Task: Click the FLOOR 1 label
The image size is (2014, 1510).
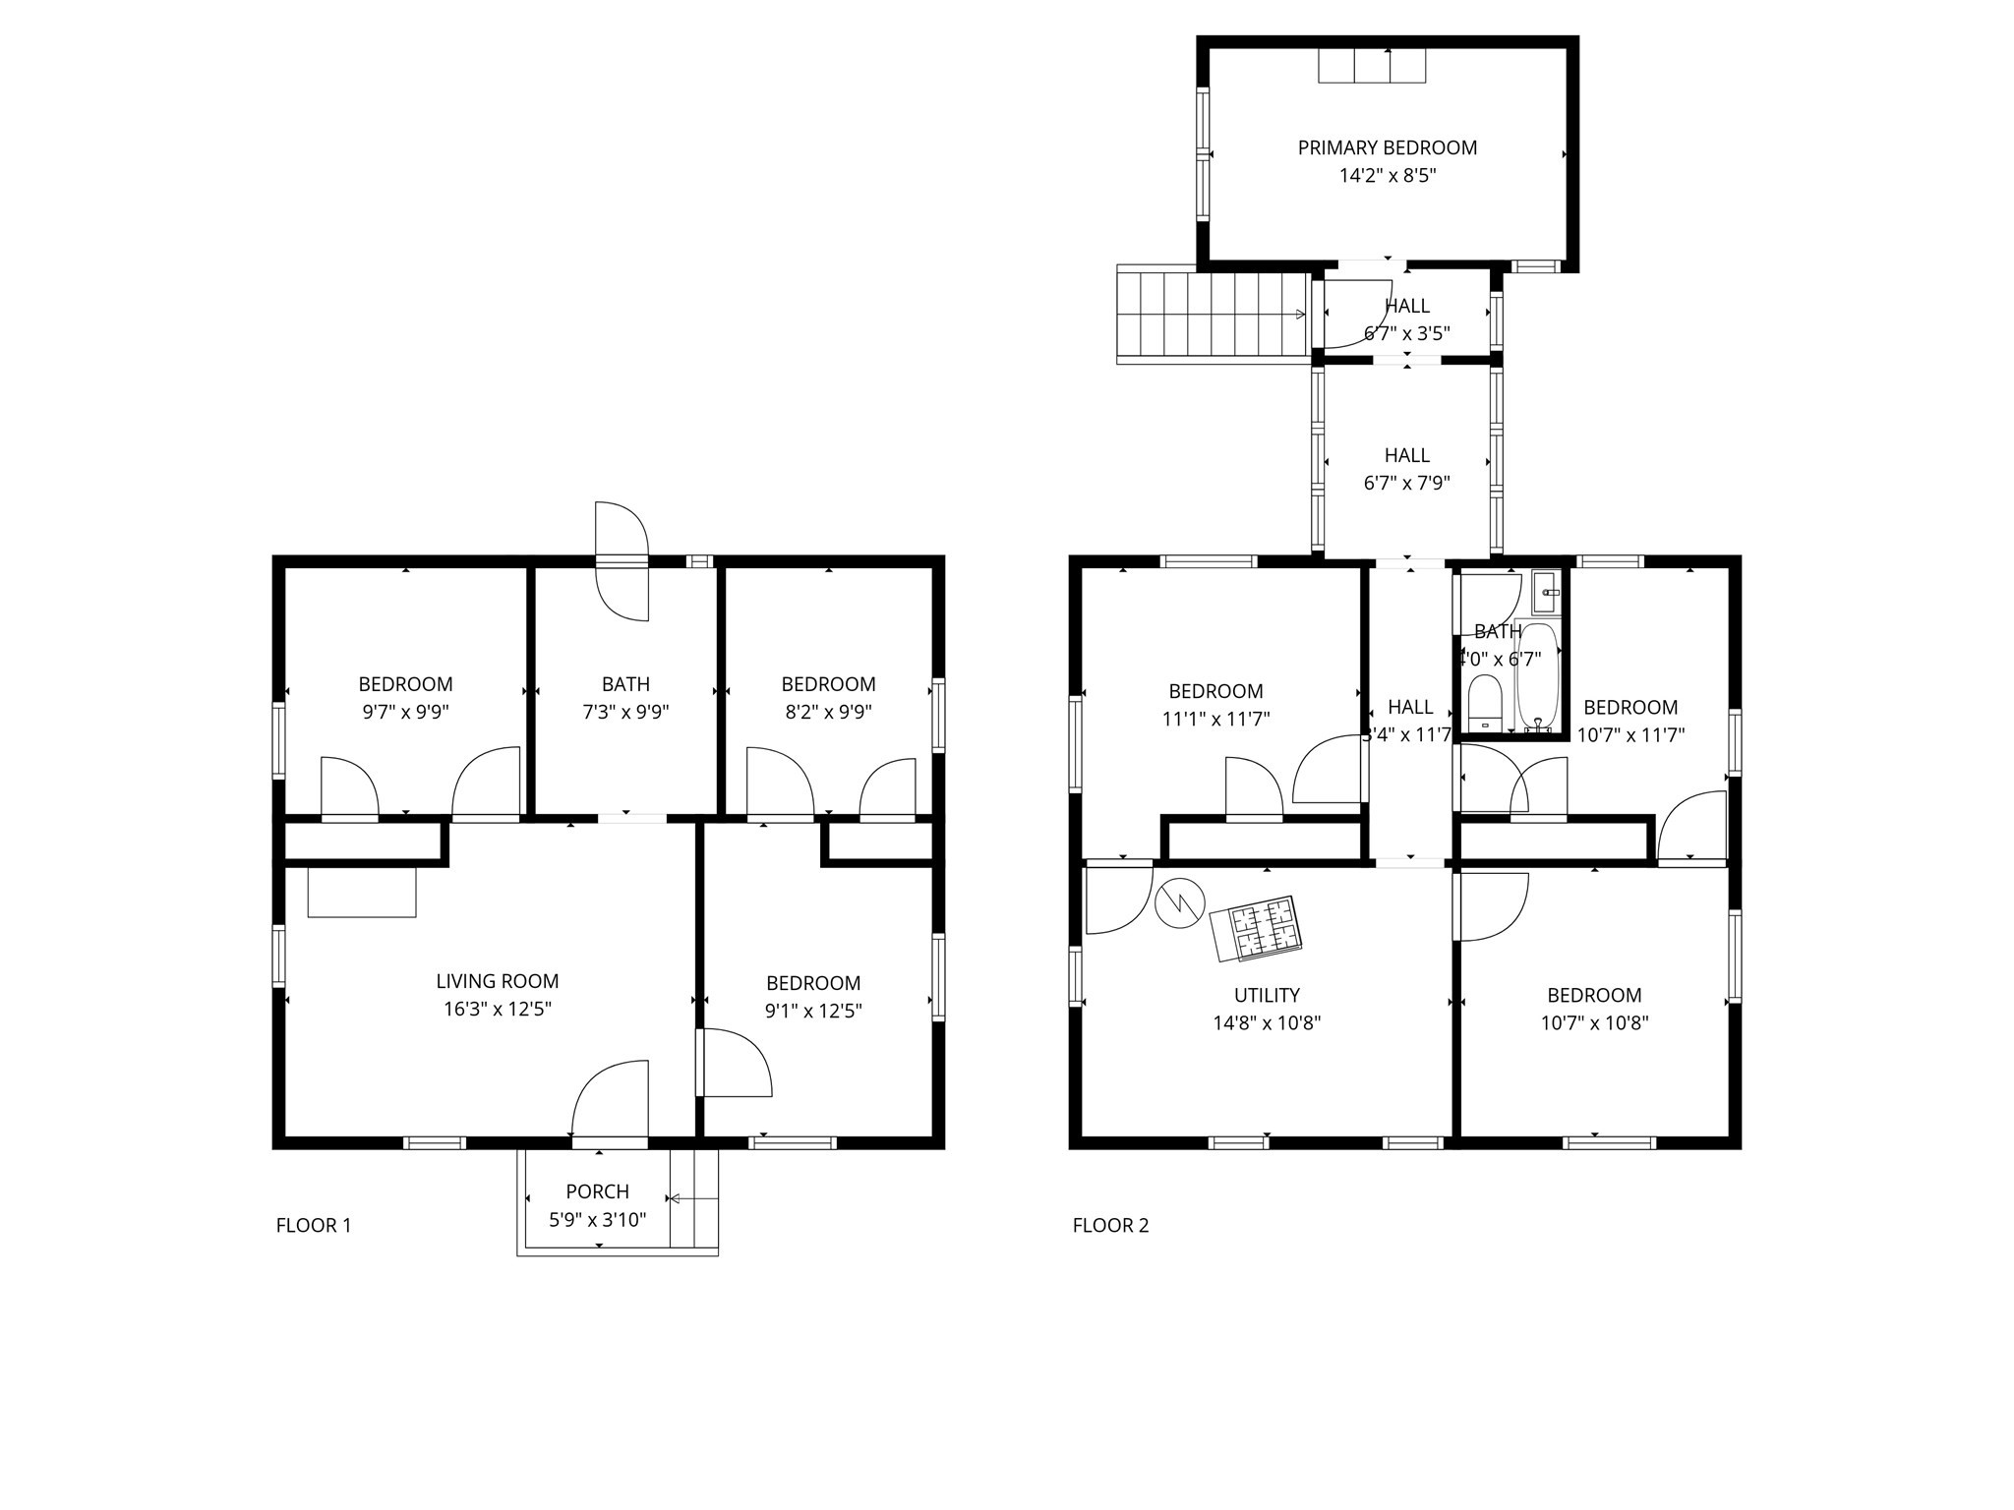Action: [313, 1225]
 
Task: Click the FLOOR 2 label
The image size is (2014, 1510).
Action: [1110, 1225]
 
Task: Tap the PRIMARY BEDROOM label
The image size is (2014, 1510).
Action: [1387, 147]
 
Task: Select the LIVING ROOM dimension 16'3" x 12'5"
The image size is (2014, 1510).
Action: [497, 1009]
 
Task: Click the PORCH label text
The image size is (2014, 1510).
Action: [597, 1191]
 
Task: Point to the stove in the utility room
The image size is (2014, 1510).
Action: [1256, 928]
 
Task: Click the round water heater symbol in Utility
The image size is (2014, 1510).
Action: [1179, 902]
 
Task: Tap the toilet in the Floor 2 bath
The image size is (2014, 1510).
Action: [1484, 702]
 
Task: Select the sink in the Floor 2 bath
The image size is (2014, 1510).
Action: [1547, 592]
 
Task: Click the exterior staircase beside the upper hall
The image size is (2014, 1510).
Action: [1212, 315]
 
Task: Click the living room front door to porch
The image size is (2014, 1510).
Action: [611, 1101]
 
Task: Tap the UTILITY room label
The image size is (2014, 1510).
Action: [1267, 995]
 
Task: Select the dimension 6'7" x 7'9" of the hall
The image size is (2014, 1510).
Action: [1406, 483]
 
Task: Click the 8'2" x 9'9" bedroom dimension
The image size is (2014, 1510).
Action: [828, 712]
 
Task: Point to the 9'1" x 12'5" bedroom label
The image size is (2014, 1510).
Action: [813, 983]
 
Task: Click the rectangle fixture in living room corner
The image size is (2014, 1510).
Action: [362, 892]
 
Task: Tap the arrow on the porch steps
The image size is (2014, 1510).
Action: [693, 1198]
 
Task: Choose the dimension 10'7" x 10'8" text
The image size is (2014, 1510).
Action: [1594, 1022]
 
